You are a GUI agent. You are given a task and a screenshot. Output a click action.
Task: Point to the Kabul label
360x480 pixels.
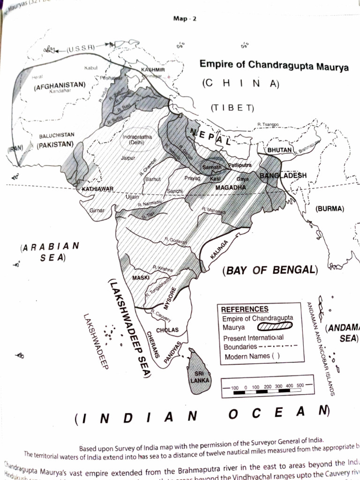pyautogui.click(x=90, y=68)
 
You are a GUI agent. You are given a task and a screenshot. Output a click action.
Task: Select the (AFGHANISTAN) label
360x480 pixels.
pyautogui.click(x=60, y=85)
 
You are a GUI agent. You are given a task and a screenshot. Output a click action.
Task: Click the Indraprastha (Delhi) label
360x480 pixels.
pyautogui.click(x=136, y=139)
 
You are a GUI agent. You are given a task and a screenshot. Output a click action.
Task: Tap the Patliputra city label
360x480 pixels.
pyautogui.click(x=240, y=165)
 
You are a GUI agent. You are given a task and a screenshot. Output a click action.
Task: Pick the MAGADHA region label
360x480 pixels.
pyautogui.click(x=231, y=187)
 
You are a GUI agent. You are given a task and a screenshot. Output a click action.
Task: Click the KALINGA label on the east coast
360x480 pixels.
pyautogui.click(x=218, y=250)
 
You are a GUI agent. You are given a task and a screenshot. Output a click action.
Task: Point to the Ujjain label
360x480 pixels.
pyautogui.click(x=132, y=197)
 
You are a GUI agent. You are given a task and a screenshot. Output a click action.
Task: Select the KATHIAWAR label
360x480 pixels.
pyautogui.click(x=97, y=189)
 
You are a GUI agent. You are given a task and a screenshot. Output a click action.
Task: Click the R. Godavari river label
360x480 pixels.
pyautogui.click(x=176, y=241)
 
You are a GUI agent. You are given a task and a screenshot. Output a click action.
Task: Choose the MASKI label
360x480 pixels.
pyautogui.click(x=141, y=278)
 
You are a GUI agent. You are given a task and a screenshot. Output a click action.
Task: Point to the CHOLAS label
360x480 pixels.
pyautogui.click(x=167, y=330)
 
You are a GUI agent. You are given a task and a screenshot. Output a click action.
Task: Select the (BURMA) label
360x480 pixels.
pyautogui.click(x=330, y=209)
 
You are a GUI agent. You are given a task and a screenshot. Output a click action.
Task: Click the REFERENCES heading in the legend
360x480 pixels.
pyautogui.click(x=245, y=309)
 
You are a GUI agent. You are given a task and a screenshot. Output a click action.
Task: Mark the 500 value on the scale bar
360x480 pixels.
pyautogui.click(x=300, y=386)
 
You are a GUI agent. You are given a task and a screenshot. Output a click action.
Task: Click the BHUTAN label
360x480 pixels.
pyautogui.click(x=280, y=150)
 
